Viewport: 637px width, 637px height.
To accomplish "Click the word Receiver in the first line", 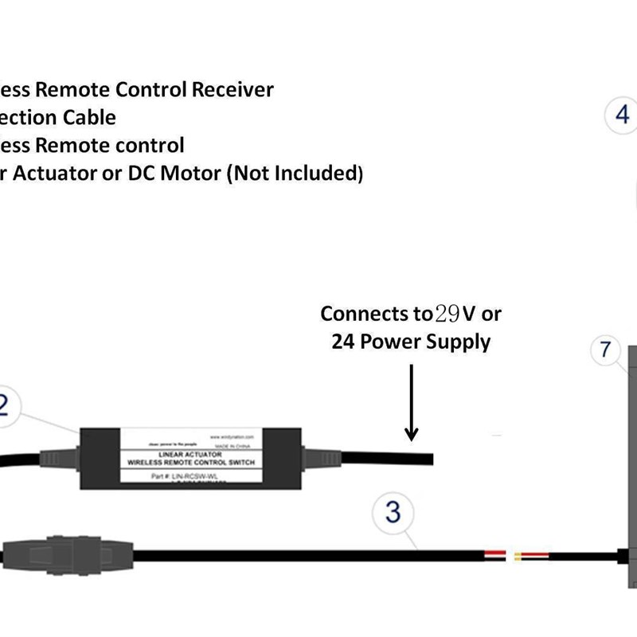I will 233,90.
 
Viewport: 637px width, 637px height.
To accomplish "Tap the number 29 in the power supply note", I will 447,314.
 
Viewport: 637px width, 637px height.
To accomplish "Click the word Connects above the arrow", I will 365,314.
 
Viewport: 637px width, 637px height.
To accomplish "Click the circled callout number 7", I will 606,350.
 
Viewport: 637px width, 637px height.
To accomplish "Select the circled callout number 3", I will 393,512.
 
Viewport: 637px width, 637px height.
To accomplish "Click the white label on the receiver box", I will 190,456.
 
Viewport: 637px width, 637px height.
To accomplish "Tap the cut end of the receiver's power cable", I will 429,458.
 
